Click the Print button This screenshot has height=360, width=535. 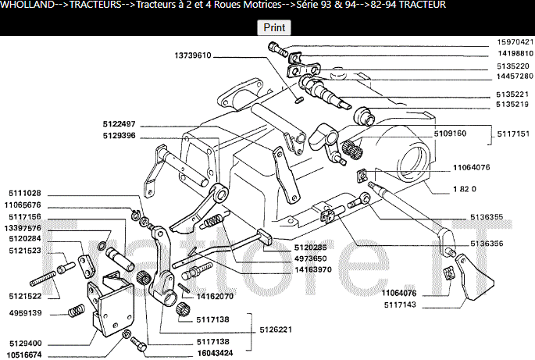(274, 27)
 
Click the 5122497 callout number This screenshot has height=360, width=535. (119, 124)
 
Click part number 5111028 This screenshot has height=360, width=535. (26, 193)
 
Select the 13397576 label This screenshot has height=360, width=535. (26, 228)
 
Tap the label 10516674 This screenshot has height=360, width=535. (26, 355)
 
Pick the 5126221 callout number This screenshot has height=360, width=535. (276, 329)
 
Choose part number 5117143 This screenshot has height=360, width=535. (400, 304)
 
